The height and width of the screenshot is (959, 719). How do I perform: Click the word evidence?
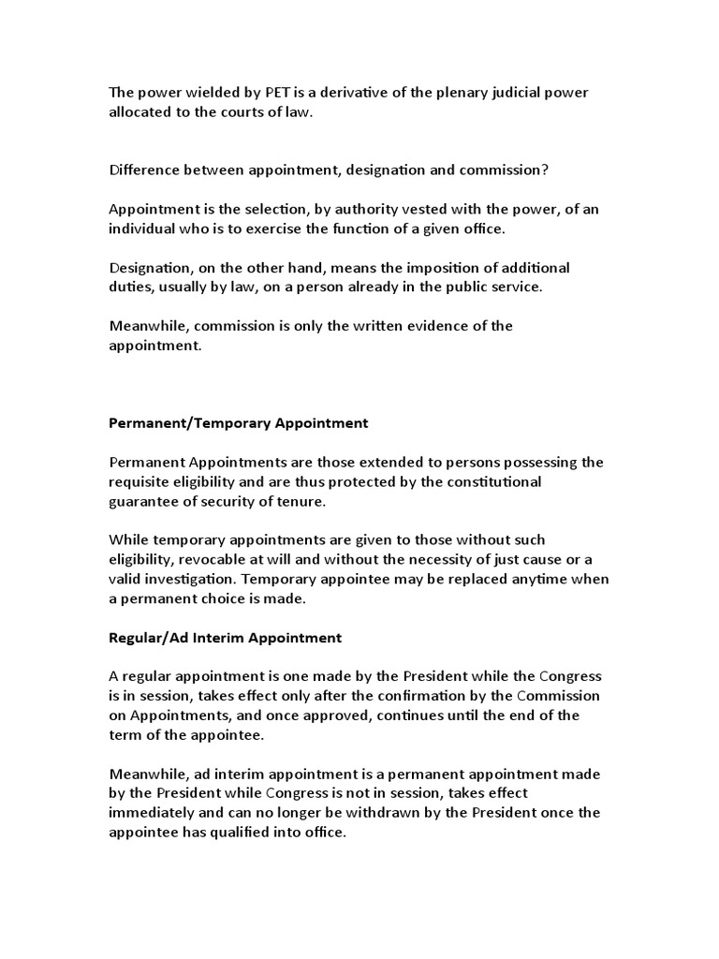pos(432,326)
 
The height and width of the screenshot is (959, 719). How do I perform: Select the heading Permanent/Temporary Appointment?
pos(239,423)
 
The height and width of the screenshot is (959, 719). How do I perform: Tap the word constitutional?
pos(492,481)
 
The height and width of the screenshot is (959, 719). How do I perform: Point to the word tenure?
pos(305,501)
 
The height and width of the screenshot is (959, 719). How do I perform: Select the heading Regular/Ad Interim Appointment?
pos(226,638)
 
